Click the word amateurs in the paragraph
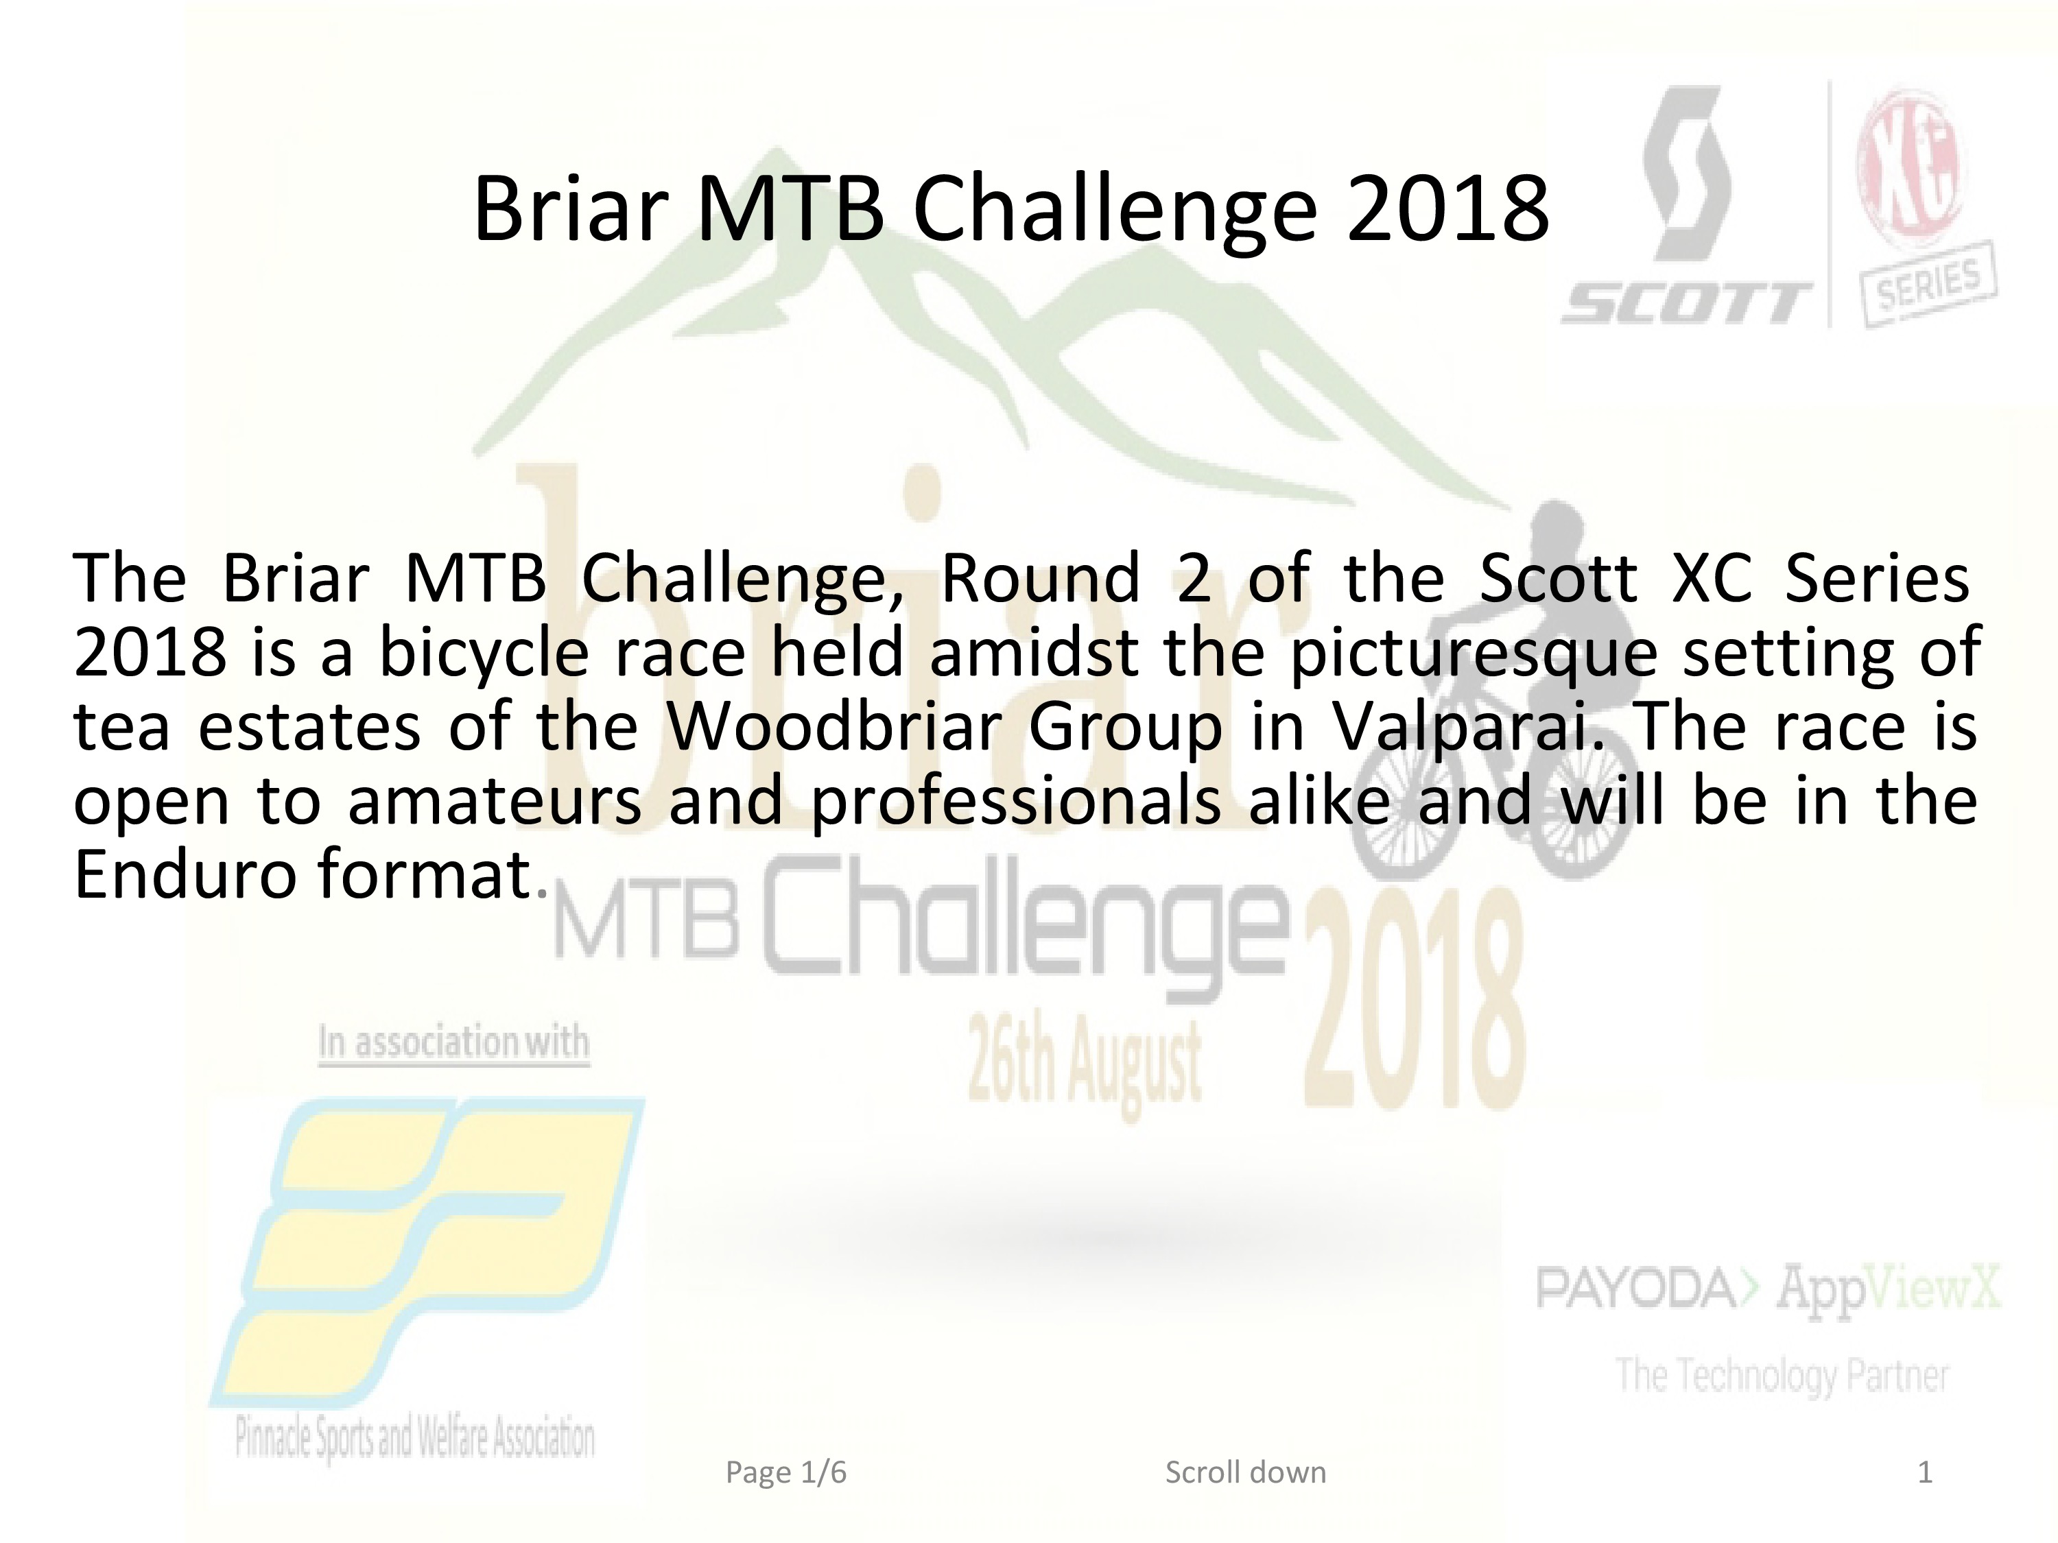point(495,802)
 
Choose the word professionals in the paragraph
point(1016,802)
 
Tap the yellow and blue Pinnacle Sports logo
point(426,1250)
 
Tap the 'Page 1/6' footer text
point(786,1473)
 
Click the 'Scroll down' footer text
point(1246,1472)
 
